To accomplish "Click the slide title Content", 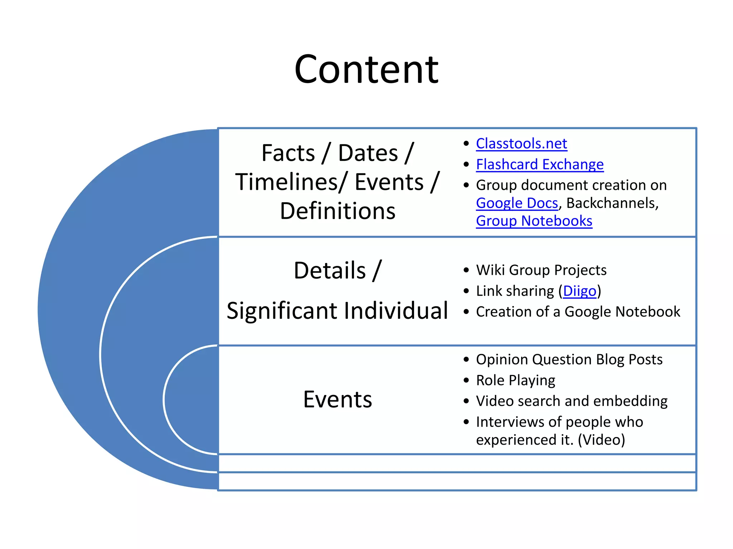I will (x=366, y=69).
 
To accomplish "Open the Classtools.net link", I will (x=521, y=144).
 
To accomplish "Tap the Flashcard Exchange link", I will (x=539, y=164).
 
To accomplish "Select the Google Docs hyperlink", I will (x=516, y=203).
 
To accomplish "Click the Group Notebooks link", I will (x=534, y=221).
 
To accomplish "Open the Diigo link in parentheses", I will (x=579, y=291).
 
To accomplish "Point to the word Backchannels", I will (x=612, y=203).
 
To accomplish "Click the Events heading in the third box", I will (x=337, y=399).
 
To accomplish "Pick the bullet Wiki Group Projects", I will (x=541, y=270).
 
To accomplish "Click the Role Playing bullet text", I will (x=515, y=380).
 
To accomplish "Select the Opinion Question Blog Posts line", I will (x=569, y=359).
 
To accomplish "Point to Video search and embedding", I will (x=572, y=401).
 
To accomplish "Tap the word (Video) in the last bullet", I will (x=601, y=440).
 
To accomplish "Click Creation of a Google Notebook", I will (x=578, y=312).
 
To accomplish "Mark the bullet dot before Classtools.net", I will (x=466, y=144).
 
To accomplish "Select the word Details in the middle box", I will (x=329, y=270).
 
